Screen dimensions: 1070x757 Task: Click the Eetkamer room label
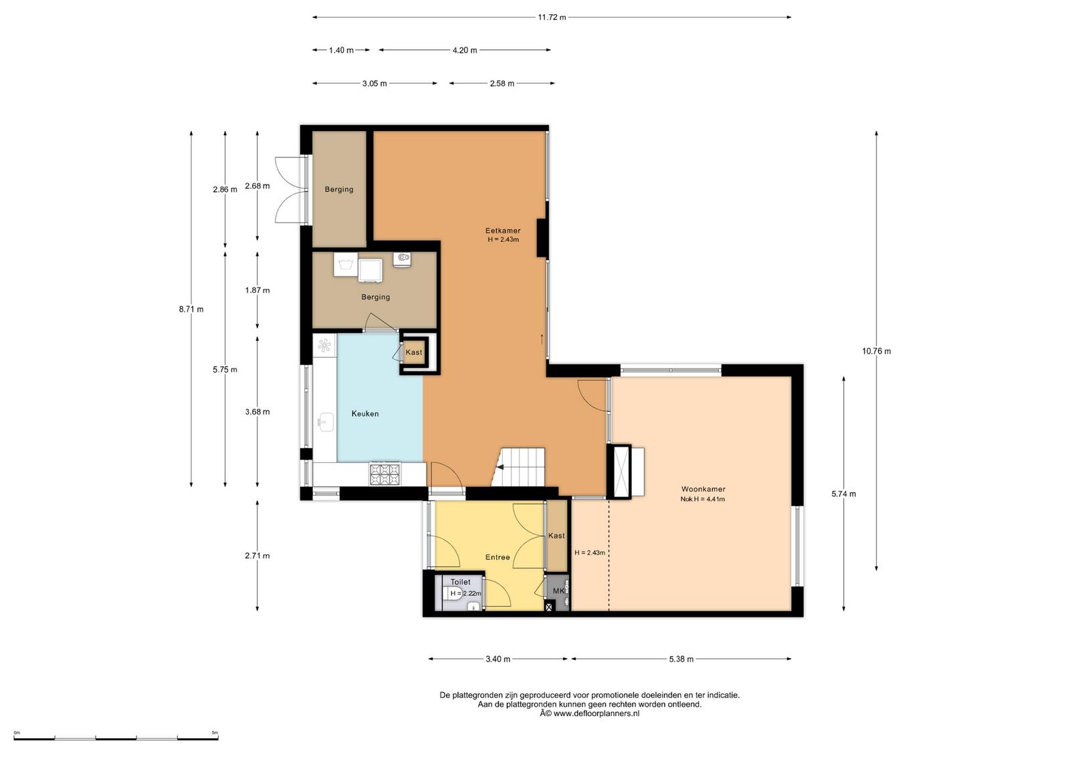pyautogui.click(x=503, y=231)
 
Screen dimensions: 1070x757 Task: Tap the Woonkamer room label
pyautogui.click(x=703, y=489)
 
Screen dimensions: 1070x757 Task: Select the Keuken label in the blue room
pyautogui.click(x=365, y=413)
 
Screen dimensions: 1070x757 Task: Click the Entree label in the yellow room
pyautogui.click(x=498, y=557)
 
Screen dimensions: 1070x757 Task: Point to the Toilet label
pyautogui.click(x=461, y=582)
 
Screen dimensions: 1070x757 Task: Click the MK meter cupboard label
pyautogui.click(x=558, y=590)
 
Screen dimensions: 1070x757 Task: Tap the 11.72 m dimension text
pyautogui.click(x=552, y=17)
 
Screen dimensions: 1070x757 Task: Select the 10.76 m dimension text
pyautogui.click(x=876, y=351)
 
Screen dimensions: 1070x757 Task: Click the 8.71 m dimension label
pyautogui.click(x=191, y=309)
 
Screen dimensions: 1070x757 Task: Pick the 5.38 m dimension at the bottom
pyautogui.click(x=681, y=659)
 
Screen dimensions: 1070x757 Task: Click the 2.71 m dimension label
pyautogui.click(x=257, y=556)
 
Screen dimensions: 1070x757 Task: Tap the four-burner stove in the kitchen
pyautogui.click(x=385, y=473)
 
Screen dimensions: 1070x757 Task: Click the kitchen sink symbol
pyautogui.click(x=326, y=422)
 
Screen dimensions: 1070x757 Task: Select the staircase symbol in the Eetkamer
pyautogui.click(x=519, y=467)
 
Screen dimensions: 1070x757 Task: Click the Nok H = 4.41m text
pyautogui.click(x=703, y=499)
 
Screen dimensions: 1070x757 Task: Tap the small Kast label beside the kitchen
pyautogui.click(x=414, y=352)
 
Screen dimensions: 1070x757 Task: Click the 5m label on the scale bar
pyautogui.click(x=215, y=732)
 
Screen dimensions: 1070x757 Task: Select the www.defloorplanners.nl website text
pyautogui.click(x=596, y=714)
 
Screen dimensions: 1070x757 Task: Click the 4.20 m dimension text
pyautogui.click(x=465, y=50)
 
